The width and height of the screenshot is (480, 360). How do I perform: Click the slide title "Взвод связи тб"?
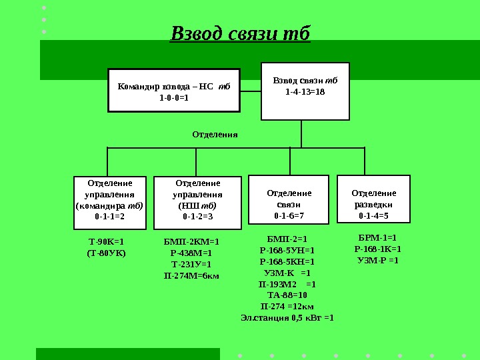click(241, 34)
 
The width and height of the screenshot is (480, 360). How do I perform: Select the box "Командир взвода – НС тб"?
click(173, 90)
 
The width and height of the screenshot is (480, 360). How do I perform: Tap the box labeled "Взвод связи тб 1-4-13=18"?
click(305, 91)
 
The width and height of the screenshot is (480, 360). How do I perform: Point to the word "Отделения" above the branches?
click(215, 134)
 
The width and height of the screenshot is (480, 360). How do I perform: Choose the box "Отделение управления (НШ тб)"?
click(197, 199)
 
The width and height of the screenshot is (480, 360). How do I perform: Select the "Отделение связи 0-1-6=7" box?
click(289, 199)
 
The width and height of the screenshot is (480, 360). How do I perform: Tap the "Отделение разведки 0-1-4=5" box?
click(373, 199)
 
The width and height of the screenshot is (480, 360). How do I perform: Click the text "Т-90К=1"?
click(107, 242)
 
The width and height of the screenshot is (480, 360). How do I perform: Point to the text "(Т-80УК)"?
click(107, 253)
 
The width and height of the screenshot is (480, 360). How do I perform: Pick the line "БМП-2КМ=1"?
click(191, 242)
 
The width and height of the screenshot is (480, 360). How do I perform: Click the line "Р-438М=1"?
click(191, 253)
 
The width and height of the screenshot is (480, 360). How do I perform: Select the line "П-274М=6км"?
click(191, 275)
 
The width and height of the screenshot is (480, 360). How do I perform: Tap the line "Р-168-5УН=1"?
click(287, 250)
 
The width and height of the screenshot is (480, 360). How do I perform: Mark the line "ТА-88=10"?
click(287, 295)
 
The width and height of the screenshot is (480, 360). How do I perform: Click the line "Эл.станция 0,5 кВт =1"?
click(287, 317)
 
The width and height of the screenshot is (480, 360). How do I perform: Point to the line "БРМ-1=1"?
click(377, 237)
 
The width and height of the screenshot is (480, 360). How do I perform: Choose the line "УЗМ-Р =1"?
click(377, 260)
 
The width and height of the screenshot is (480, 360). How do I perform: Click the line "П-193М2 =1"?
click(287, 284)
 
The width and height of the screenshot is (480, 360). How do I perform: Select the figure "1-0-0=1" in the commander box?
click(174, 97)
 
